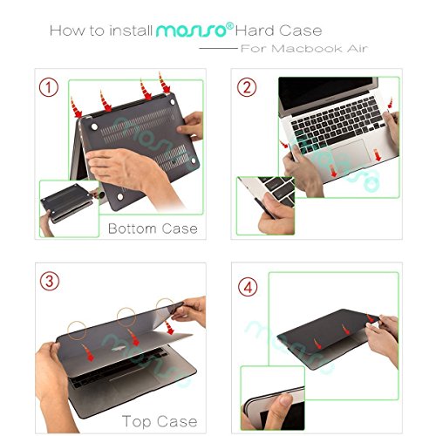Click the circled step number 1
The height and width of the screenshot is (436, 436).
click(x=50, y=87)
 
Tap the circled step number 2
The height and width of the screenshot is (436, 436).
click(x=248, y=87)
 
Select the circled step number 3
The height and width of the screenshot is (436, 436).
click(x=51, y=283)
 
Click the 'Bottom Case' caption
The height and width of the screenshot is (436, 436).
click(x=153, y=229)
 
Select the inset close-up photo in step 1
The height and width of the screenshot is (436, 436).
click(x=68, y=208)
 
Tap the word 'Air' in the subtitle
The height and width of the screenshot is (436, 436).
click(x=354, y=49)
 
